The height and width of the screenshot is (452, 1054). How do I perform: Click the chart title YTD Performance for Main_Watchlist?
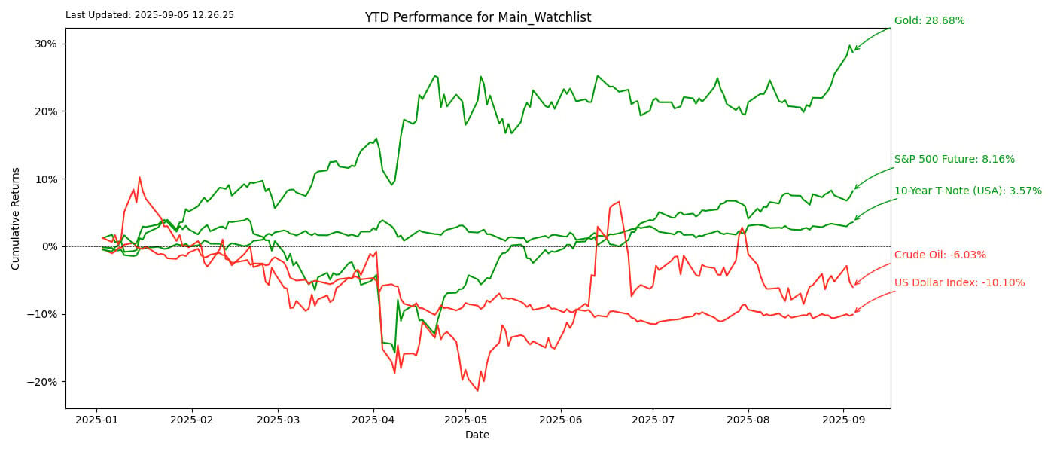tap(477, 17)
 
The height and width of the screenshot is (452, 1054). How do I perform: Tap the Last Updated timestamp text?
tap(150, 15)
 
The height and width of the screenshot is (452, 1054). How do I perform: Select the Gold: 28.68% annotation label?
tap(929, 21)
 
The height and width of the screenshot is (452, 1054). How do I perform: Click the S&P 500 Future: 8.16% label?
tap(954, 160)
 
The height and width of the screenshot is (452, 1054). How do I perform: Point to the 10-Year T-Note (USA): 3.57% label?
tap(967, 191)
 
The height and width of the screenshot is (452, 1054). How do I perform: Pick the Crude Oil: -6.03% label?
tap(940, 255)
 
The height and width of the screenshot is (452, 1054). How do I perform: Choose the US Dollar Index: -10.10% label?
tap(959, 283)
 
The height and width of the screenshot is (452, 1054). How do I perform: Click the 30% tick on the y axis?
tap(45, 44)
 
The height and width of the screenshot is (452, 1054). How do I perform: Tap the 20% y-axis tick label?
tap(45, 111)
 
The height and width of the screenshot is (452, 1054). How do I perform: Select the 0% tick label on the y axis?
tap(49, 246)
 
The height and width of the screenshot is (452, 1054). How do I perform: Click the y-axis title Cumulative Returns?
tap(16, 218)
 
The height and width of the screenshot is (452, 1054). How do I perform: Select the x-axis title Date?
tap(477, 435)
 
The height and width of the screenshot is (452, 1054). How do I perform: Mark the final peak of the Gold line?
tap(850, 45)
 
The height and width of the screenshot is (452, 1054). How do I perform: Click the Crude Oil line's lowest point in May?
tap(477, 390)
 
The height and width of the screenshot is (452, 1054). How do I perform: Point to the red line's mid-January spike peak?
tap(139, 177)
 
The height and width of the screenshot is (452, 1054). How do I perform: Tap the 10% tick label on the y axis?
tap(45, 179)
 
